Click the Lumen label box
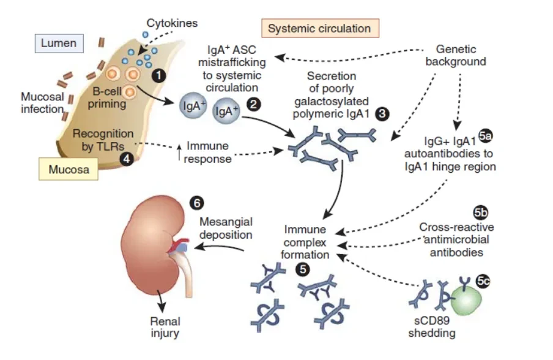pos(59,43)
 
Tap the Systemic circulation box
pos(320,28)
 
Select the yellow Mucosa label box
pos(69,169)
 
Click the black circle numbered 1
pos(158,75)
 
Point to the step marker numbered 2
pos(254,104)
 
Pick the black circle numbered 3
pos(382,114)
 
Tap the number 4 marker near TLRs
pos(127,159)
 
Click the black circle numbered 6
pos(196,203)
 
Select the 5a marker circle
pos(485,136)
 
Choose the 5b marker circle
pos(480,213)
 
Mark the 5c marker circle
pos(483,281)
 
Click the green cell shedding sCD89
pos(466,299)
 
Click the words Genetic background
pos(456,55)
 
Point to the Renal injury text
pos(165,327)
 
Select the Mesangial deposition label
pos(226,228)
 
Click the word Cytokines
pos(172,23)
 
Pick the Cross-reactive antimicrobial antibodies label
pos(456,239)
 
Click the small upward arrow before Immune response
pos(179,152)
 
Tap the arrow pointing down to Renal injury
pos(161,301)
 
